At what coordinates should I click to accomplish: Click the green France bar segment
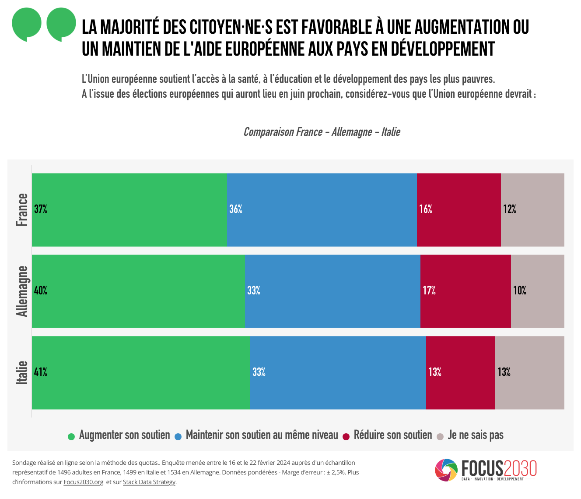(129, 209)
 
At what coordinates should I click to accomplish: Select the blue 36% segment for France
(322, 209)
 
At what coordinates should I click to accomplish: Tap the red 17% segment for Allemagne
(465, 291)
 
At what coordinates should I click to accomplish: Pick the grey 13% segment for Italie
(530, 372)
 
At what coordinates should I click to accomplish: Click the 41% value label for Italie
(41, 372)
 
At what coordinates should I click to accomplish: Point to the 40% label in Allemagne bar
(41, 291)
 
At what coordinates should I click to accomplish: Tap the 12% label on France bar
(510, 209)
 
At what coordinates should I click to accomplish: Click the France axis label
(22, 210)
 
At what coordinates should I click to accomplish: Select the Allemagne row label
(22, 291)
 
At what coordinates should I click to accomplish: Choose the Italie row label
(22, 373)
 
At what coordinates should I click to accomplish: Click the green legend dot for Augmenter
(71, 436)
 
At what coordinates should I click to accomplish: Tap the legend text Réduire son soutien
(392, 435)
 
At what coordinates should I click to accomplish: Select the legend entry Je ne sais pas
(476, 435)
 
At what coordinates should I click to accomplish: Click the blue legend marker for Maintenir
(178, 436)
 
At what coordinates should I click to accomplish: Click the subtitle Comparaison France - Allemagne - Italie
(322, 132)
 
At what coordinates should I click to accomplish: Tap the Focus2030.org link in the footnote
(83, 482)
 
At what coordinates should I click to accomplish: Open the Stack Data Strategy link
(149, 482)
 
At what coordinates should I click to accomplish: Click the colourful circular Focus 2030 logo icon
(446, 470)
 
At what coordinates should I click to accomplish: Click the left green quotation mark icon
(27, 24)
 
